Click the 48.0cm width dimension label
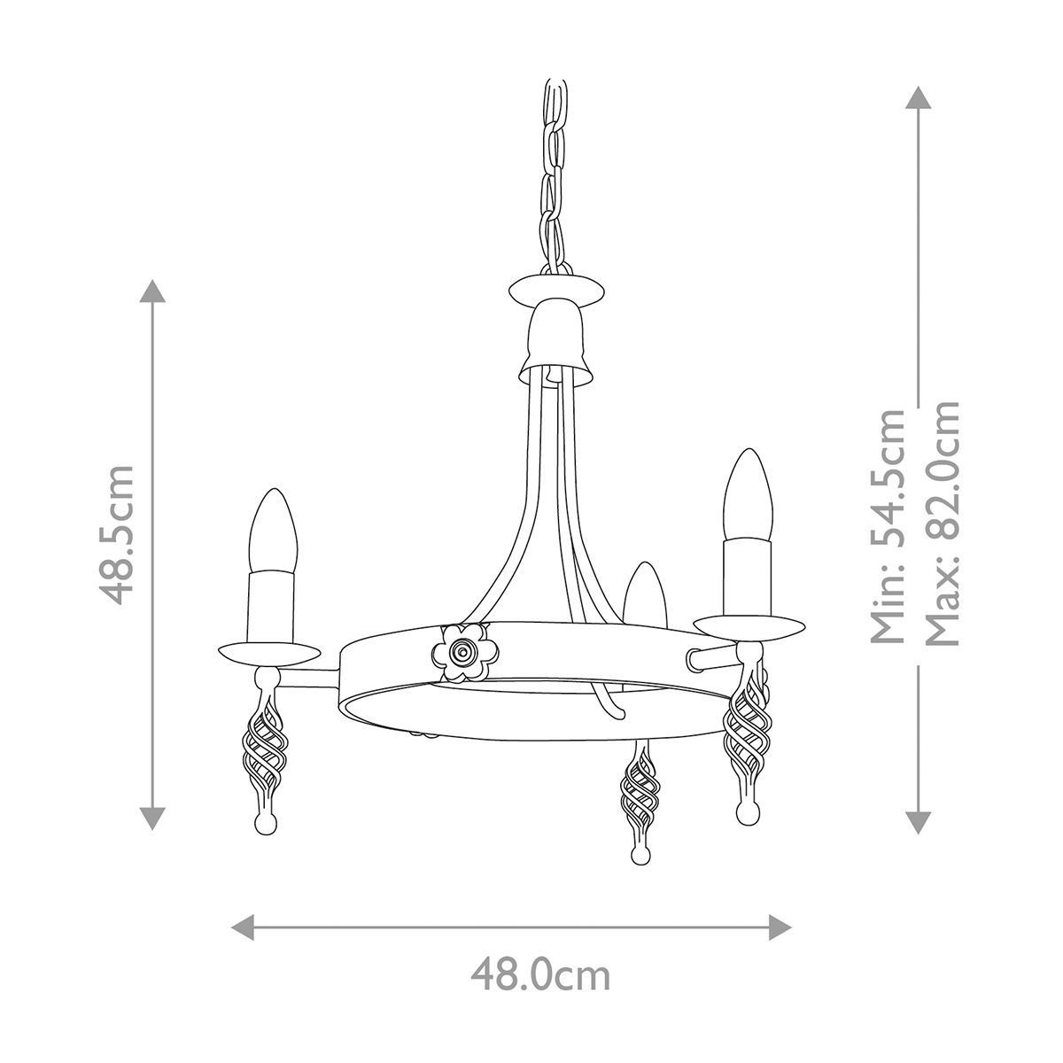[x=539, y=976]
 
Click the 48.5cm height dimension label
[x=117, y=534]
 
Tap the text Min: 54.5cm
[x=888, y=525]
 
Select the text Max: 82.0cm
[x=942, y=523]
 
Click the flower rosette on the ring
[x=461, y=651]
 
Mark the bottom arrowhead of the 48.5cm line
[x=154, y=819]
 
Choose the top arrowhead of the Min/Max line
[x=917, y=97]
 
